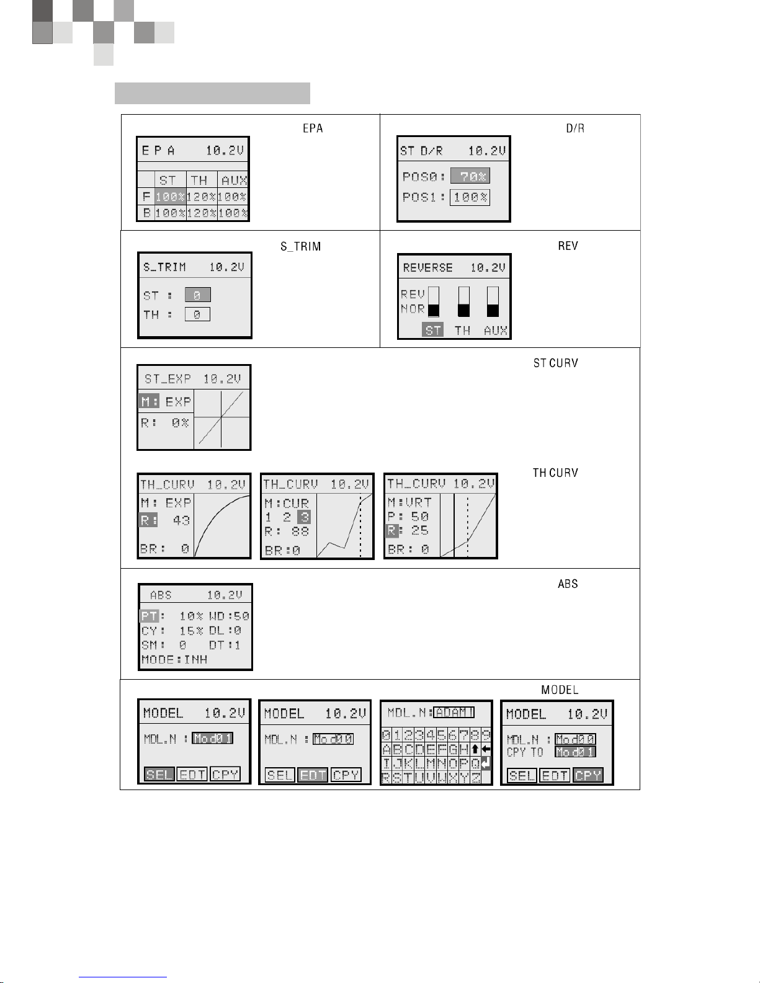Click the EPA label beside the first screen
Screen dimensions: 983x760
313,128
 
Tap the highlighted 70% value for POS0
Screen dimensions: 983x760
470,176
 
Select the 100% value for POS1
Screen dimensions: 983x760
470,197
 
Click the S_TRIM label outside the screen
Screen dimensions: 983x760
301,246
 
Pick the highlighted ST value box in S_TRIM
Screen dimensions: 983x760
197,295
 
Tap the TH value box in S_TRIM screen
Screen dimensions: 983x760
197,314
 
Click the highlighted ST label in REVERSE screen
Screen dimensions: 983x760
433,330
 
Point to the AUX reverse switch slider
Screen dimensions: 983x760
493,302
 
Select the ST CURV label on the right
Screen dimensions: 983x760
555,363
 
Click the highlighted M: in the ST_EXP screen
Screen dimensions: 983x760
149,402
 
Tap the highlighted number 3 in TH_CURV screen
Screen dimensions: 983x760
303,517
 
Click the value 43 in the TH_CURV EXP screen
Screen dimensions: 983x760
181,520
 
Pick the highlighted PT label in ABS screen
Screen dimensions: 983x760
149,616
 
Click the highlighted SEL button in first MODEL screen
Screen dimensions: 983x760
159,775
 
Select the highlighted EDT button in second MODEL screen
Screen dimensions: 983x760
313,775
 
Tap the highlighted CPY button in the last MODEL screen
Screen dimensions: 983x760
588,775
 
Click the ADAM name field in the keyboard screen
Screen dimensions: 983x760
454,712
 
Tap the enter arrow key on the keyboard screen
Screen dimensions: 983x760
486,763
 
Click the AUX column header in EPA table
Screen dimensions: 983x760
234,180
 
